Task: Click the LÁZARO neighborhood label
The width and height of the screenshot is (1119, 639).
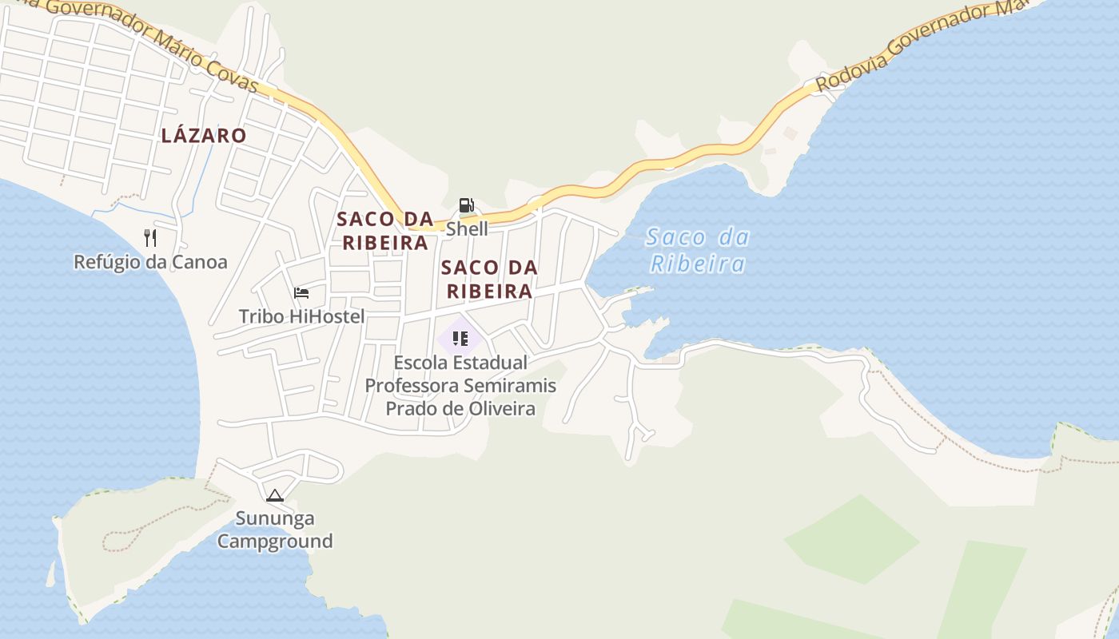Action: tap(204, 136)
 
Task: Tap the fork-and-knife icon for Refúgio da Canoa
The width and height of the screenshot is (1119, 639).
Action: tap(150, 237)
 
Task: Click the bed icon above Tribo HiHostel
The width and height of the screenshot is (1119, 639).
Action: tap(301, 292)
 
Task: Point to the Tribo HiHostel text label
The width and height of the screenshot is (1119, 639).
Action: tap(301, 316)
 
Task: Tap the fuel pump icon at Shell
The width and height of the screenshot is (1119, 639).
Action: tap(466, 206)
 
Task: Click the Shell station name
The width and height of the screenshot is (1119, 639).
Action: tap(466, 229)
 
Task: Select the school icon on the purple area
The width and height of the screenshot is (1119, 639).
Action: tap(460, 339)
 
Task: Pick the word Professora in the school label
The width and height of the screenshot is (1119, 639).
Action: tap(411, 386)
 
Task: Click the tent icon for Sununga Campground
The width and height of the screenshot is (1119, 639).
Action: tap(275, 495)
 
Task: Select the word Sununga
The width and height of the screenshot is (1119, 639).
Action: tap(275, 518)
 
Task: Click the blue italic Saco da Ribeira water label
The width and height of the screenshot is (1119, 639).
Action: tap(697, 250)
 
